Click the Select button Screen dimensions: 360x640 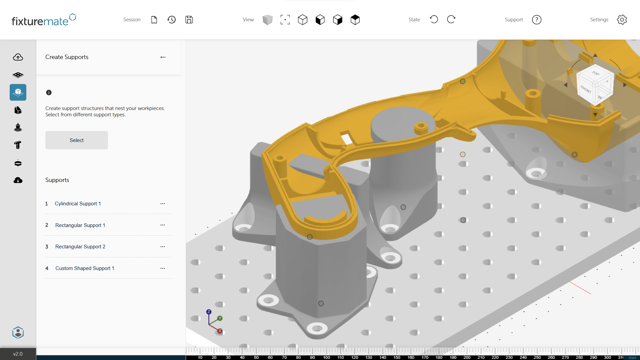76,140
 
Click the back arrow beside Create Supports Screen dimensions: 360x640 163,57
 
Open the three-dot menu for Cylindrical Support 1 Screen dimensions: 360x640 163,204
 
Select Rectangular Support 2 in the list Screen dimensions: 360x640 80,247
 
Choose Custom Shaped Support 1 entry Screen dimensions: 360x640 85,268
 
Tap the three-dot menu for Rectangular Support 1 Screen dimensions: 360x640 163,225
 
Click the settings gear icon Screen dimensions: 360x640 622,20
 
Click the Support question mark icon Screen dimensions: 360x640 536,20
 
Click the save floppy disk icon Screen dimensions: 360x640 189,20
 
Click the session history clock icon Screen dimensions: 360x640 172,20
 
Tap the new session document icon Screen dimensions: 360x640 154,20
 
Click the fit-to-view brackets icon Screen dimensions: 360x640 285,20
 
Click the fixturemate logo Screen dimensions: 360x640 44,20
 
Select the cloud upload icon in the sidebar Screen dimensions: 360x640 18,57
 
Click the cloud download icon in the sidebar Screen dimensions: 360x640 18,180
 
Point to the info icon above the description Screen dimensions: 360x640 49,93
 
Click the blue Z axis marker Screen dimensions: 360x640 209,312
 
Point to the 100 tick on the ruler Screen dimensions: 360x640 326,357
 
